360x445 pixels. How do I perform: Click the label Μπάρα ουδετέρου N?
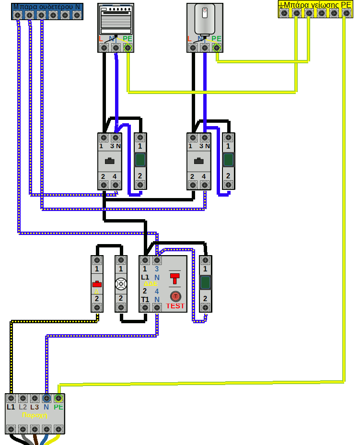point(46,7)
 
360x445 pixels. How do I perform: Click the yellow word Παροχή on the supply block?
point(35,415)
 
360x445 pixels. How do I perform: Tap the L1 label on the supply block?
point(11,407)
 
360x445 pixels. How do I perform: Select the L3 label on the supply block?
point(35,407)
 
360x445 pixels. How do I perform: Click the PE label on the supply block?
point(58,407)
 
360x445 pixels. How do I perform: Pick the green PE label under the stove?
point(127,38)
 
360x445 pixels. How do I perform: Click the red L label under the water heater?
point(189,38)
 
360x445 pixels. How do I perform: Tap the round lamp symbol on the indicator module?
point(121,284)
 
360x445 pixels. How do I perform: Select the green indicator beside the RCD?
point(205,282)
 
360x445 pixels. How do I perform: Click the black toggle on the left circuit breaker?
point(110,161)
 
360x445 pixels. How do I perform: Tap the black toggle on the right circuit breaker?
point(198,161)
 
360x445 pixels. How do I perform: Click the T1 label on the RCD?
point(145,300)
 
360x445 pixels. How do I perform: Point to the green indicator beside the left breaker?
point(140,160)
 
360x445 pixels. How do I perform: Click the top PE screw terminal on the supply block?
point(58,398)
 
